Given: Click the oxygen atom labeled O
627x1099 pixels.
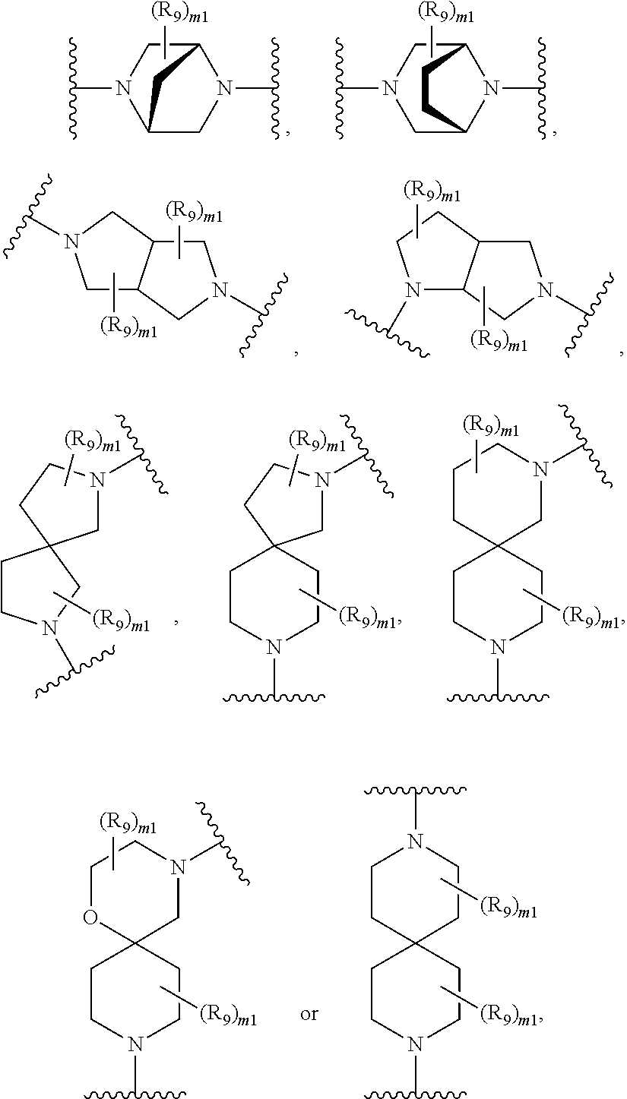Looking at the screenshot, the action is (90, 920).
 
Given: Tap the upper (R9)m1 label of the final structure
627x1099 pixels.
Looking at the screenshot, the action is (508, 906).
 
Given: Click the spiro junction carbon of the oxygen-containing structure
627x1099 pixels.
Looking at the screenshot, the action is (135, 944).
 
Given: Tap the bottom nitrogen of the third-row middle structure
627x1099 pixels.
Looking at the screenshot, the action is (274, 646).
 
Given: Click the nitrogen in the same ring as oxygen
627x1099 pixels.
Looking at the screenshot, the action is (179, 865).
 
